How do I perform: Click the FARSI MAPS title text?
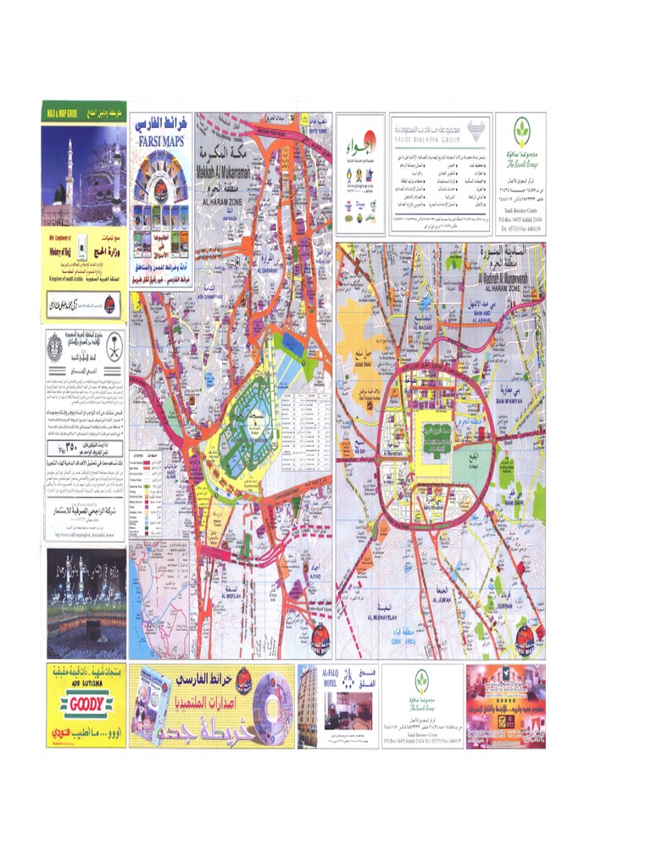[x=162, y=142]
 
